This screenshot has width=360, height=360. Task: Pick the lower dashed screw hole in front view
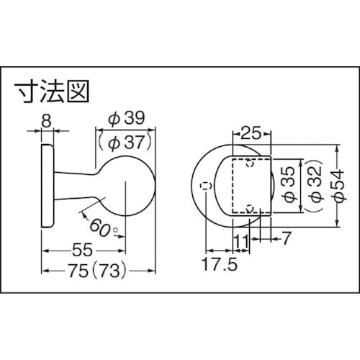pyautogui.click(x=248, y=210)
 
